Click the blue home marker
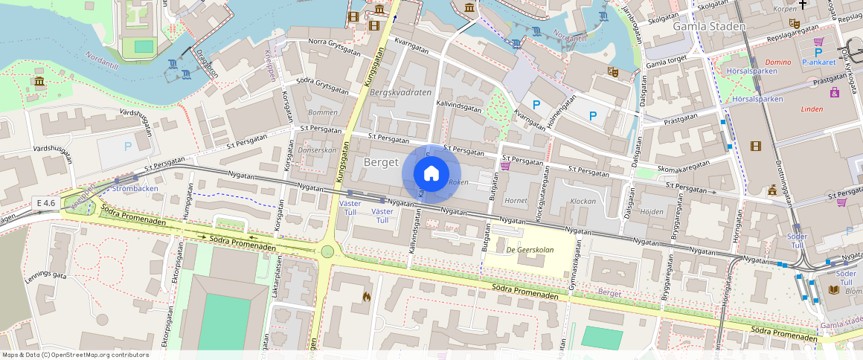(x=431, y=173)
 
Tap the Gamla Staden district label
(x=708, y=27)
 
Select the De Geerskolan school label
(x=530, y=250)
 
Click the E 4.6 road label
(x=45, y=202)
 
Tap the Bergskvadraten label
(x=400, y=92)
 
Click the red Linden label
(x=812, y=109)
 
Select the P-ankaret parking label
(x=820, y=63)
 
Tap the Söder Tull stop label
(x=796, y=240)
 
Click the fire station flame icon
(x=366, y=296)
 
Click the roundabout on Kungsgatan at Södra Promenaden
(x=327, y=251)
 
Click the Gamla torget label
(x=667, y=64)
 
